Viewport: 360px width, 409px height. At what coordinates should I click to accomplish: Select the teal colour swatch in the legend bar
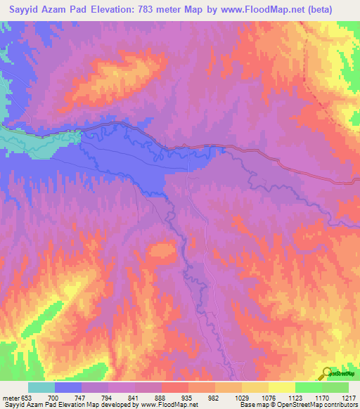(x=41, y=387)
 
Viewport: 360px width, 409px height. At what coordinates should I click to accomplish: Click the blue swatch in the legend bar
(x=68, y=387)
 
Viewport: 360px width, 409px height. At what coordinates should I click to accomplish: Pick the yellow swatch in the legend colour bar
(x=281, y=387)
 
